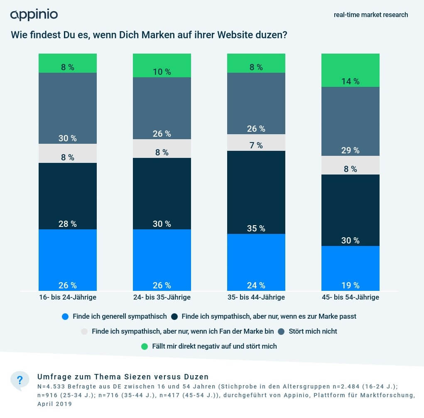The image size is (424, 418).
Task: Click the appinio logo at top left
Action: click(34, 15)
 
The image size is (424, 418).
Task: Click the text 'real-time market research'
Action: click(371, 15)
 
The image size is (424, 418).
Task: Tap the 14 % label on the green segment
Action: click(350, 81)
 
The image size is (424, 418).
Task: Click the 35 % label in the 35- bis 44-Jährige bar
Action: click(256, 229)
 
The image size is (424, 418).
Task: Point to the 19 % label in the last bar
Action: click(350, 285)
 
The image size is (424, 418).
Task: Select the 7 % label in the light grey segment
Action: click(256, 145)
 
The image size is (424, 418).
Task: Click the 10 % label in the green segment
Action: click(162, 72)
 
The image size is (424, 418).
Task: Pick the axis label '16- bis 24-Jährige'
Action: click(67, 298)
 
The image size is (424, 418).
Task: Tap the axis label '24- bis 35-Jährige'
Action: click(162, 298)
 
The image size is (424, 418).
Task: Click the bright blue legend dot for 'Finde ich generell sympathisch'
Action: click(65, 317)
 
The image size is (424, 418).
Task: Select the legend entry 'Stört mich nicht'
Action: click(313, 332)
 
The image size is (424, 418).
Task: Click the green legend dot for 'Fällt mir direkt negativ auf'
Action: click(145, 346)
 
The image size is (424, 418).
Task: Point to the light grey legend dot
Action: click(84, 332)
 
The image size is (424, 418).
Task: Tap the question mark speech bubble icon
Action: click(20, 380)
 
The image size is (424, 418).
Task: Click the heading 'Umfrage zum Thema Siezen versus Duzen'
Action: click(123, 377)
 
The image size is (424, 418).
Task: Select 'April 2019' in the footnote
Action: click(54, 404)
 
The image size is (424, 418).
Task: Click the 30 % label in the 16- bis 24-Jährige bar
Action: click(68, 138)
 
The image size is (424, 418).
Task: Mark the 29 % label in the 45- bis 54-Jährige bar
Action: click(350, 150)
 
